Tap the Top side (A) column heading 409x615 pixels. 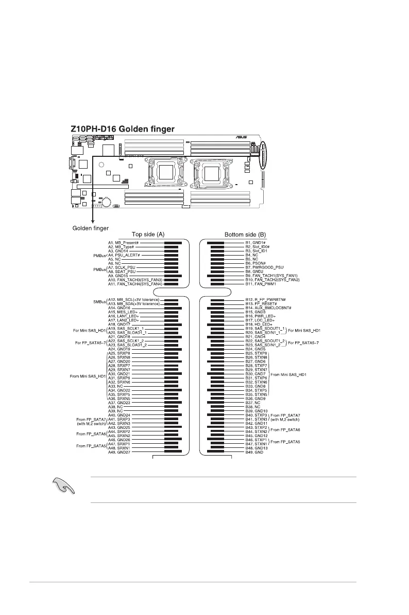(x=148, y=234)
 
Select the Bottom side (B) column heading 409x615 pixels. (x=245, y=234)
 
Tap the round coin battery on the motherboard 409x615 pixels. (x=107, y=202)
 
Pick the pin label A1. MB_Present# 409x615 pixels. (x=123, y=242)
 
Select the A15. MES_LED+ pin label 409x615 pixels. (x=123, y=312)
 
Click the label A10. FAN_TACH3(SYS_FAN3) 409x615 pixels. (x=135, y=280)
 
